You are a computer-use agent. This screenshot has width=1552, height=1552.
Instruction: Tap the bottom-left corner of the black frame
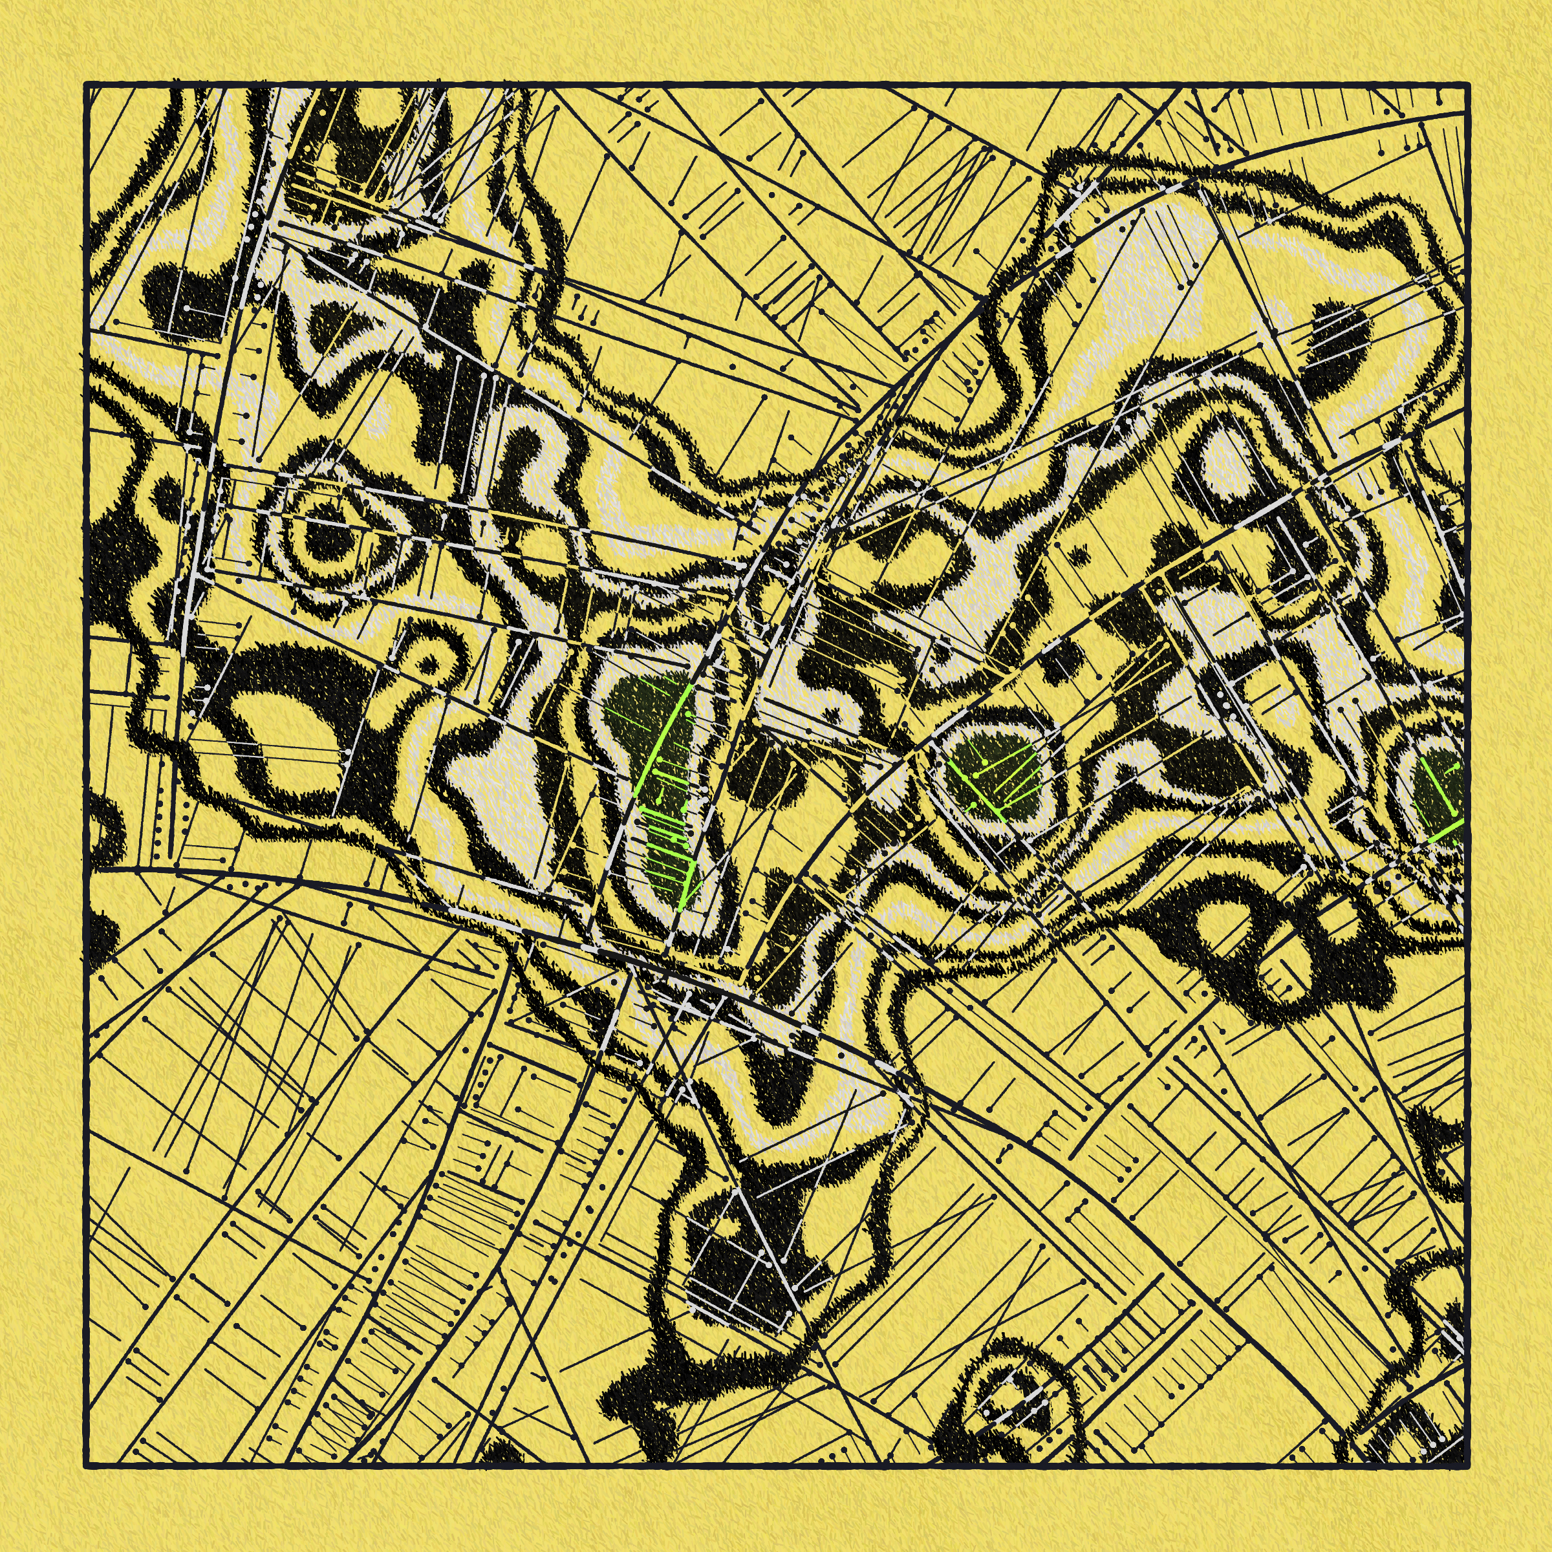coord(87,1465)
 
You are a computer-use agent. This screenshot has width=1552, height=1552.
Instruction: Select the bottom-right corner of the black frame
coord(1466,1465)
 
